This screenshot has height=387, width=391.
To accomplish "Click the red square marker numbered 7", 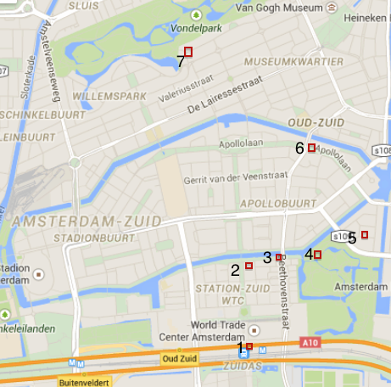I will (188, 53).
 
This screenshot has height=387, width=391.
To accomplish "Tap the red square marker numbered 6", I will (311, 149).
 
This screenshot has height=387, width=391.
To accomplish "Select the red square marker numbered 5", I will (365, 234).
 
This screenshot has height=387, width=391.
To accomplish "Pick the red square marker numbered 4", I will (318, 255).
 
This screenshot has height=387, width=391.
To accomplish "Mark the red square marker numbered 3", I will (278, 256).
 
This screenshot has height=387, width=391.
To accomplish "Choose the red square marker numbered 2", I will (249, 266).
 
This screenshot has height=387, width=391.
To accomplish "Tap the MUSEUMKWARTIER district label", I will (293, 63).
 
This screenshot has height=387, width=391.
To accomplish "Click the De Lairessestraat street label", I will (222, 93).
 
